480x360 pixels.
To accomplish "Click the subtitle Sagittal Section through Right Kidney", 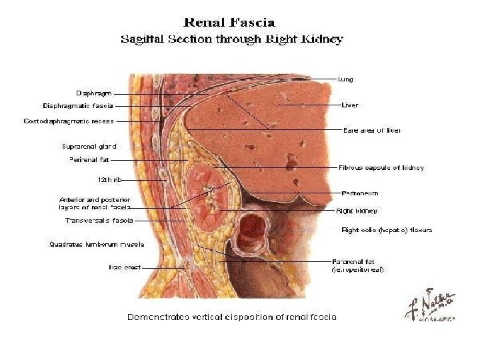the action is click(231, 39).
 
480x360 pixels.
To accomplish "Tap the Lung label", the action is click(345, 79).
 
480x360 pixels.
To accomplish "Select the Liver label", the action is click(350, 105).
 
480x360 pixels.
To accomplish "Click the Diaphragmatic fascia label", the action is click(78, 105).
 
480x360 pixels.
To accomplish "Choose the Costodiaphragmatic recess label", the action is click(69, 121).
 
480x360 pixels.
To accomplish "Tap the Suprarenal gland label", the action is click(89, 146).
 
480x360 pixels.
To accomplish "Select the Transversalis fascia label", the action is click(99, 220).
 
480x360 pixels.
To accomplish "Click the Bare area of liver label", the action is click(372, 130).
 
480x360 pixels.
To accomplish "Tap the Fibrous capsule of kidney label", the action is click(381, 168).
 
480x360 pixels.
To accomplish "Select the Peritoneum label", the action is click(360, 193).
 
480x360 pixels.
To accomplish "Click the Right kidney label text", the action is click(357, 211).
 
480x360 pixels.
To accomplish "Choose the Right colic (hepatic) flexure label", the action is click(387, 230).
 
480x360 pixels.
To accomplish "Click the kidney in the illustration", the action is click(207, 193).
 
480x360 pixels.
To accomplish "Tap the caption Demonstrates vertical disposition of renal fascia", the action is click(231, 317).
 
